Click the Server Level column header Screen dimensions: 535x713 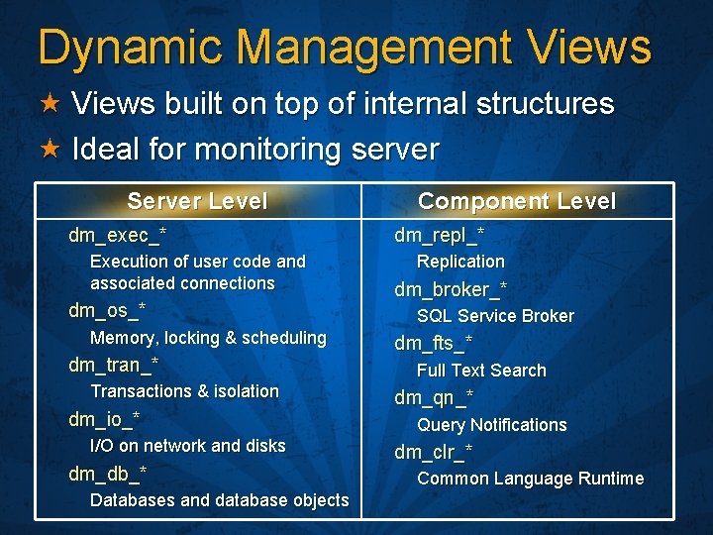[x=197, y=201]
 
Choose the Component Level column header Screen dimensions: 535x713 [x=516, y=201]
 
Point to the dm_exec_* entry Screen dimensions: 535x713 [x=117, y=236]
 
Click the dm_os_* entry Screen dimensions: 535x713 [x=107, y=310]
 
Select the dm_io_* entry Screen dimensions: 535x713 [x=104, y=419]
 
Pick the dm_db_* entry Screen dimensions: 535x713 [x=107, y=473]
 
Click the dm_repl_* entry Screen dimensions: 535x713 [x=439, y=236]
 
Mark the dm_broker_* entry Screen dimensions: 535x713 [x=451, y=289]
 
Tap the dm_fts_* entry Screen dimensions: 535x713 [x=433, y=344]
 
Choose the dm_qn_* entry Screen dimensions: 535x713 [x=433, y=398]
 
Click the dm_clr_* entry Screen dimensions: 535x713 [x=433, y=453]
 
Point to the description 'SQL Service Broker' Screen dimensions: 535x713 [x=495, y=316]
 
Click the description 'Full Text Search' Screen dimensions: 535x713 [x=481, y=371]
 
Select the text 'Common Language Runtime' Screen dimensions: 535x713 [x=530, y=479]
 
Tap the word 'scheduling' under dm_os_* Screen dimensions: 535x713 [x=284, y=338]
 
